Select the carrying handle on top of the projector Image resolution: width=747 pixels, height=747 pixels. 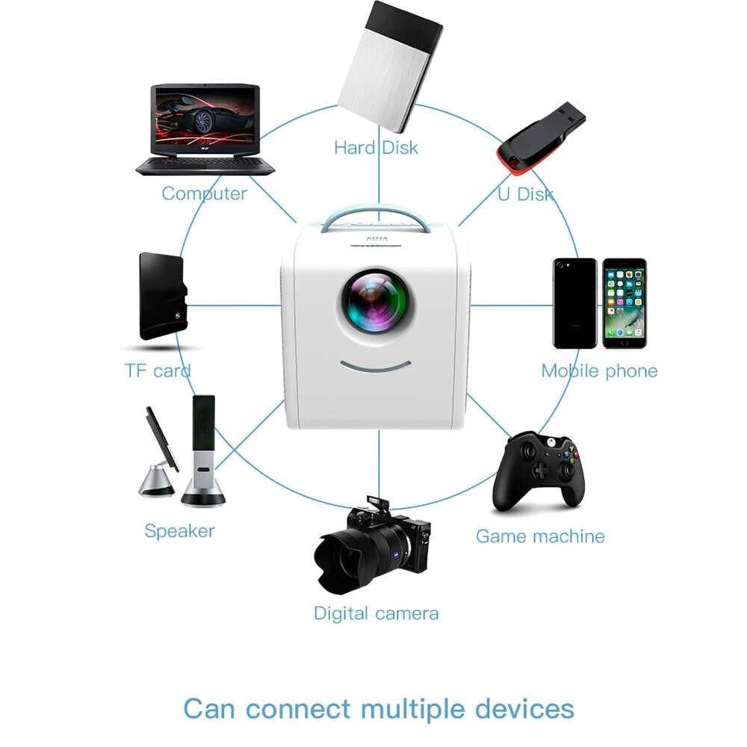[376, 217]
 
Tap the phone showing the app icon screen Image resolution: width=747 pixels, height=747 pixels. [624, 303]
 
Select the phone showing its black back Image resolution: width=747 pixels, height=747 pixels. [574, 303]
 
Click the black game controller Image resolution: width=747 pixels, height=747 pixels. [538, 469]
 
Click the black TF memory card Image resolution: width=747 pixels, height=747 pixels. [162, 297]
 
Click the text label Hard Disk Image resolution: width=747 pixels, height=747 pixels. [376, 147]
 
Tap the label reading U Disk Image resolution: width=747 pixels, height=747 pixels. [526, 194]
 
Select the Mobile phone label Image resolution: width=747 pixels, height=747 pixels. [599, 371]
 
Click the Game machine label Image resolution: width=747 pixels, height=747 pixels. [540, 536]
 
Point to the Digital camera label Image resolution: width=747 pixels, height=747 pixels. [376, 613]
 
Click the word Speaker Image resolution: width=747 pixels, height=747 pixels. [179, 531]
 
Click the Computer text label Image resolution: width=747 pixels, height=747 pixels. [204, 193]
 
